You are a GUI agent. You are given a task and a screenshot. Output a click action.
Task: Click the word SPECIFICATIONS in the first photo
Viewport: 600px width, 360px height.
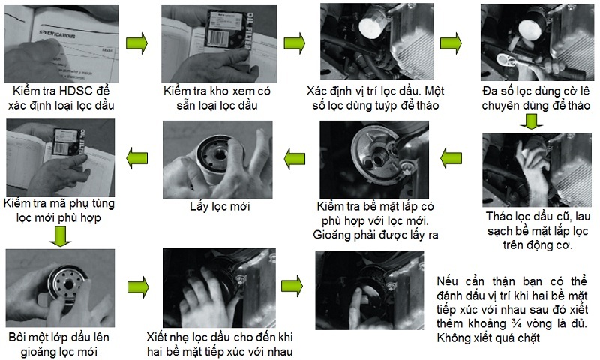click(x=57, y=34)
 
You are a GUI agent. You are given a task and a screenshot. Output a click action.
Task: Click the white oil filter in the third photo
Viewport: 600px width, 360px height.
click(x=372, y=23)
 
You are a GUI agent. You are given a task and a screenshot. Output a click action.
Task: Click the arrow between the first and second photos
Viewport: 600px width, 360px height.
click(x=137, y=43)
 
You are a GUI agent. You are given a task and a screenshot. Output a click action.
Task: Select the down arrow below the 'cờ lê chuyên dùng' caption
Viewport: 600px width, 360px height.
click(x=531, y=121)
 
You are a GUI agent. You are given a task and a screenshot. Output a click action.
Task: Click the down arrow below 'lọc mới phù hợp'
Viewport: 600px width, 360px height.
click(x=61, y=236)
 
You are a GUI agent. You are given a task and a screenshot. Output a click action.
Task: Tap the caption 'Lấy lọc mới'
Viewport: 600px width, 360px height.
click(x=220, y=207)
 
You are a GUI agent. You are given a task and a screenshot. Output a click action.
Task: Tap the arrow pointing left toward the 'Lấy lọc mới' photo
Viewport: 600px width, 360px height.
click(x=295, y=158)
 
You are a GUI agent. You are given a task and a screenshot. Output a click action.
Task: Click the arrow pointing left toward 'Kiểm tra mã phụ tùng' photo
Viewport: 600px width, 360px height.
click(x=137, y=158)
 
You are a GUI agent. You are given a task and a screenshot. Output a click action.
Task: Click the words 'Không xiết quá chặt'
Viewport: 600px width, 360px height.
click(x=488, y=338)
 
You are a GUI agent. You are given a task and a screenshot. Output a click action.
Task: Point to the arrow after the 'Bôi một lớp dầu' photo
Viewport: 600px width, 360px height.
click(x=138, y=287)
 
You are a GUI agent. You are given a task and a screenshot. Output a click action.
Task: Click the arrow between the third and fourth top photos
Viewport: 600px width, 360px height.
click(x=451, y=43)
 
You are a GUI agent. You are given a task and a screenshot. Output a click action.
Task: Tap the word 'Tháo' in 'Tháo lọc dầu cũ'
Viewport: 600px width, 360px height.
click(x=499, y=217)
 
